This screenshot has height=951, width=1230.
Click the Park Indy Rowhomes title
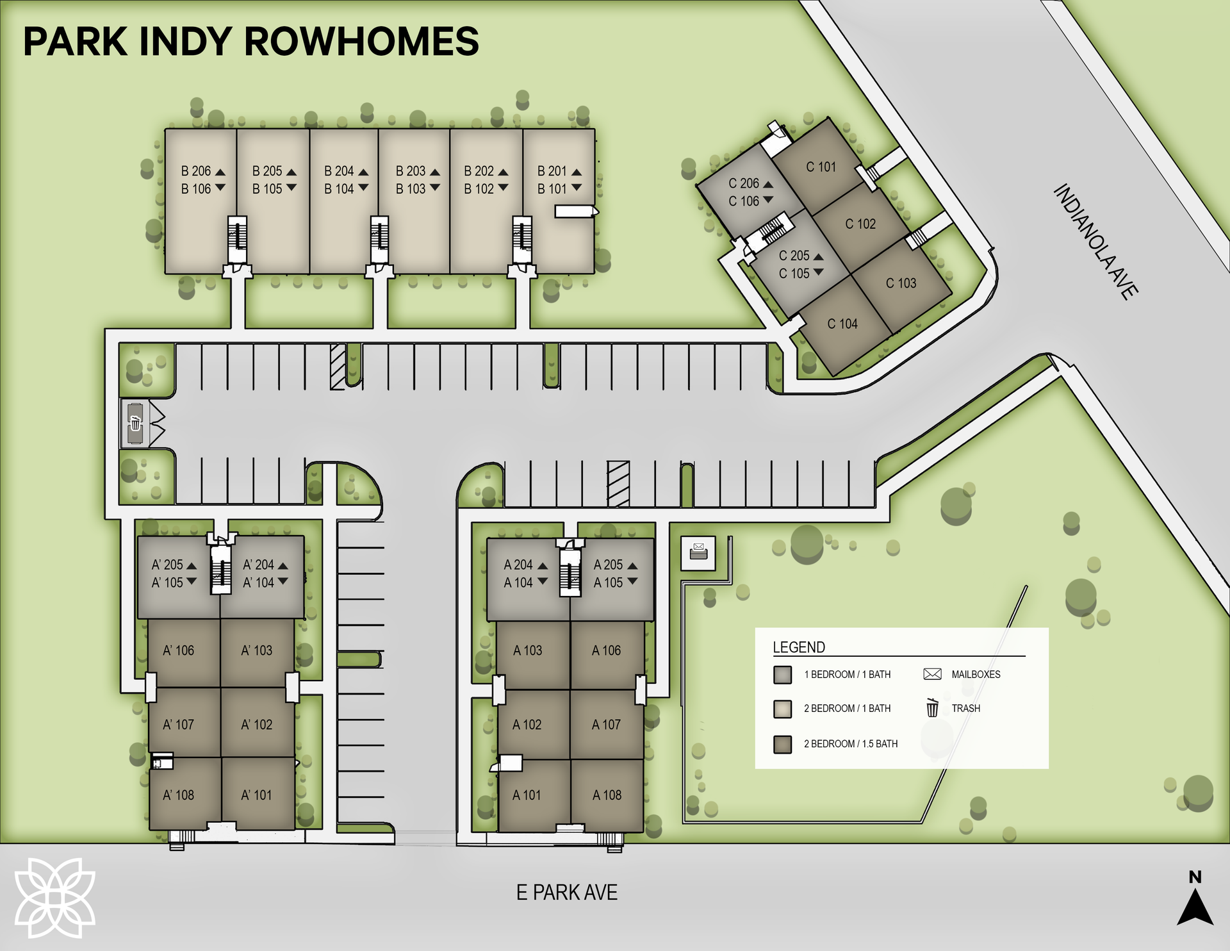(250, 42)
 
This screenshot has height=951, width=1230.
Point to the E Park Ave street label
(567, 893)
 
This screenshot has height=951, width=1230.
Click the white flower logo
(55, 898)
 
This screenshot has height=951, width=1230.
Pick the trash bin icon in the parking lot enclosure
(135, 424)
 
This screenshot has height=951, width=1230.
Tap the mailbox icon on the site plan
(698, 550)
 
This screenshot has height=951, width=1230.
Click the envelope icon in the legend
(932, 674)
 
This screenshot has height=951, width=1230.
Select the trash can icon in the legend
(932, 708)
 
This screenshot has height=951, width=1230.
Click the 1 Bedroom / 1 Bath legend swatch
(782, 675)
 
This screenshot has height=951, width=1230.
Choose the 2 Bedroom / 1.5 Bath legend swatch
(782, 744)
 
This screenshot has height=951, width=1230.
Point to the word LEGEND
(799, 647)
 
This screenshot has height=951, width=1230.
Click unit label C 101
(821, 167)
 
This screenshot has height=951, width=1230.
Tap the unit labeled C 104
(842, 324)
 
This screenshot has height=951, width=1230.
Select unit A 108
(607, 795)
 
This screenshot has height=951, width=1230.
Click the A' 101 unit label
(256, 795)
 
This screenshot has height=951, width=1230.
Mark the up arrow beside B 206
(220, 172)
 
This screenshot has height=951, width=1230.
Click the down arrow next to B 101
(577, 188)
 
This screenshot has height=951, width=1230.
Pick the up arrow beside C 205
(818, 256)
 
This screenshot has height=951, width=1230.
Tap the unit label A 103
(527, 650)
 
